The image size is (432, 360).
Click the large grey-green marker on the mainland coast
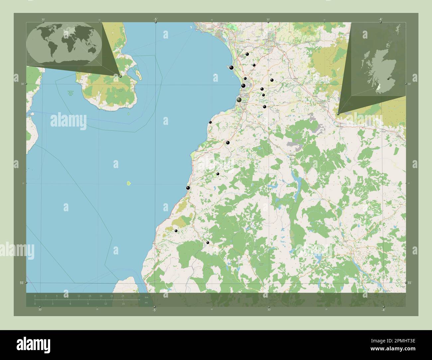click(x=239, y=100)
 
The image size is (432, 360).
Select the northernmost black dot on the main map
click(x=247, y=54)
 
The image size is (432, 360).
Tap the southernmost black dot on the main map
click(x=208, y=243)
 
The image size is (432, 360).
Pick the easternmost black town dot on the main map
click(x=272, y=80)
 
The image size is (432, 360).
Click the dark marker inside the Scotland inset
click(x=387, y=79)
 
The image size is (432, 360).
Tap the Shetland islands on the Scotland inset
click(x=398, y=28)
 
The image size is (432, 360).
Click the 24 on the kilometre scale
click(x=123, y=296)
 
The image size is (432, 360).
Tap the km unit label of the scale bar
click(x=146, y=297)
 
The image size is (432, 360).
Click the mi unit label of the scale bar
click(x=146, y=303)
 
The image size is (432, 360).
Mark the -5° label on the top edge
click(x=155, y=20)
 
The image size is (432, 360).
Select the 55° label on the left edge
click(x=21, y=282)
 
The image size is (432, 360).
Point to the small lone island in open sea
click(x=129, y=183)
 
